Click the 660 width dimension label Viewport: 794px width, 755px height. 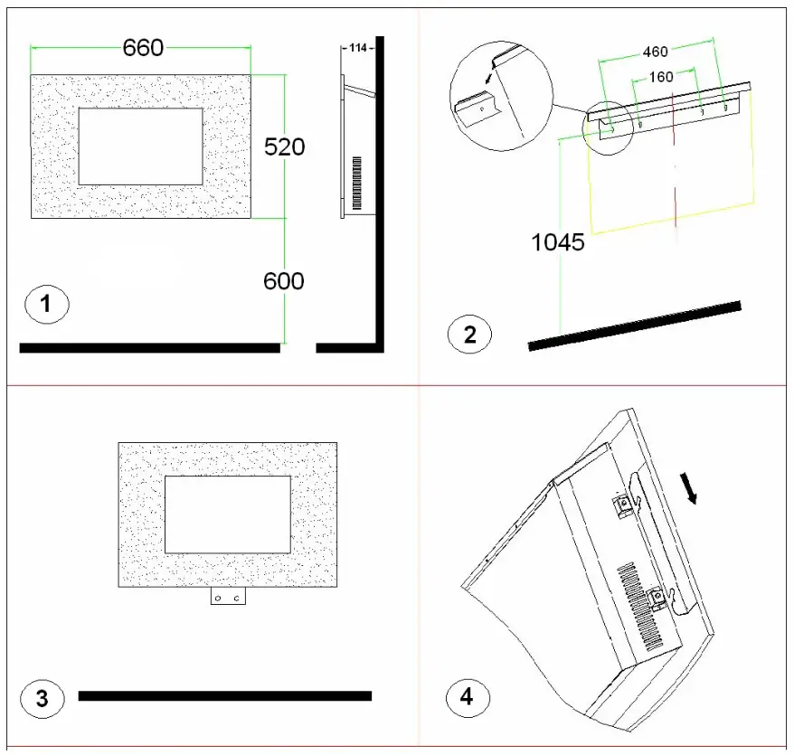(x=144, y=48)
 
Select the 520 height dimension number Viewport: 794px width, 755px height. (x=285, y=146)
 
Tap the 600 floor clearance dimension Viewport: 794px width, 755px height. (x=284, y=281)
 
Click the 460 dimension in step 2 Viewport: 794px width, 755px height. (x=655, y=52)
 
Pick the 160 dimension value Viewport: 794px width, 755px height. (x=661, y=78)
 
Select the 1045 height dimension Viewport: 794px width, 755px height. (x=559, y=242)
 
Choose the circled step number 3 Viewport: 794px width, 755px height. (x=43, y=699)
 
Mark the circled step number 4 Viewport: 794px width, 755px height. (x=468, y=697)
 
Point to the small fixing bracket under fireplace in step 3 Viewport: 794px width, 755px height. (x=228, y=598)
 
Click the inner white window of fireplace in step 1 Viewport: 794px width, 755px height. (x=140, y=146)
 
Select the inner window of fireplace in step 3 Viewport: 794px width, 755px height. (x=227, y=514)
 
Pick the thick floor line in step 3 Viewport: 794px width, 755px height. (x=224, y=695)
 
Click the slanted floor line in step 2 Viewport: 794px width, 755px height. (x=634, y=326)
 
